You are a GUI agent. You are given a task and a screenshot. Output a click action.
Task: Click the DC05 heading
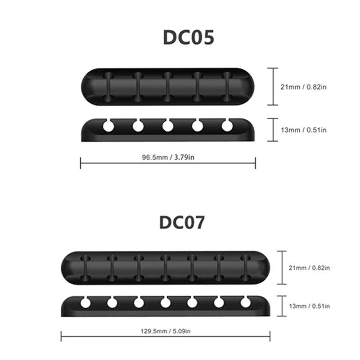[189, 37]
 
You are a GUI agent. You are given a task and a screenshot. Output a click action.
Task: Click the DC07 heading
[182, 222]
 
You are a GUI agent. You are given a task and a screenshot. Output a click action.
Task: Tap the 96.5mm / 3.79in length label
[168, 157]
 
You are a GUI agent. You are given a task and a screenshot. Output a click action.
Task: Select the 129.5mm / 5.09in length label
[166, 331]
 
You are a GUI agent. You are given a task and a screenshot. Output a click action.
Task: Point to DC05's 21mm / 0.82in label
[303, 87]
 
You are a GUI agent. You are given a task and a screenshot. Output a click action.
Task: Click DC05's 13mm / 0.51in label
[303, 130]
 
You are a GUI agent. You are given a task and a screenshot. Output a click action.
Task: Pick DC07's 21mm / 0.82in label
[309, 268]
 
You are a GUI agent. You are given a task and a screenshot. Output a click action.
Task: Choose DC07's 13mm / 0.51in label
[309, 306]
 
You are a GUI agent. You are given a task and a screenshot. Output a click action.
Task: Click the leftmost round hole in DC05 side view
[108, 126]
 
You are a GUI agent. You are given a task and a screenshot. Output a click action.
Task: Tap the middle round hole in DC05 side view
[168, 126]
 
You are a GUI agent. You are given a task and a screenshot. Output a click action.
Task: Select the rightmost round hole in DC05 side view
[227, 126]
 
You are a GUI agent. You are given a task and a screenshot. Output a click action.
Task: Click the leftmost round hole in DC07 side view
[85, 303]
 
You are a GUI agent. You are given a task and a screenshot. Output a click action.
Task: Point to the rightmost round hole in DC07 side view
[245, 302]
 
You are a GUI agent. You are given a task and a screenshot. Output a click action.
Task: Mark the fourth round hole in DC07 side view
[165, 303]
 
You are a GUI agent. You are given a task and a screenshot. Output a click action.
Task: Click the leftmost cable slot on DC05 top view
[108, 87]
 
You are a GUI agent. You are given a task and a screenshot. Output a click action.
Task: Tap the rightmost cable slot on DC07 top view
[246, 268]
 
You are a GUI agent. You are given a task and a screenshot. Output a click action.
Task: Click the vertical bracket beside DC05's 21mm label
[273, 86]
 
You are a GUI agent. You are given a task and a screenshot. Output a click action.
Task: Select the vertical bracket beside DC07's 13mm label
[282, 306]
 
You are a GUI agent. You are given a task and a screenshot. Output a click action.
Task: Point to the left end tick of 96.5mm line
[81, 163]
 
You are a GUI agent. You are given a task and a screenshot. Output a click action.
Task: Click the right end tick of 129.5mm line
[270, 336]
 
